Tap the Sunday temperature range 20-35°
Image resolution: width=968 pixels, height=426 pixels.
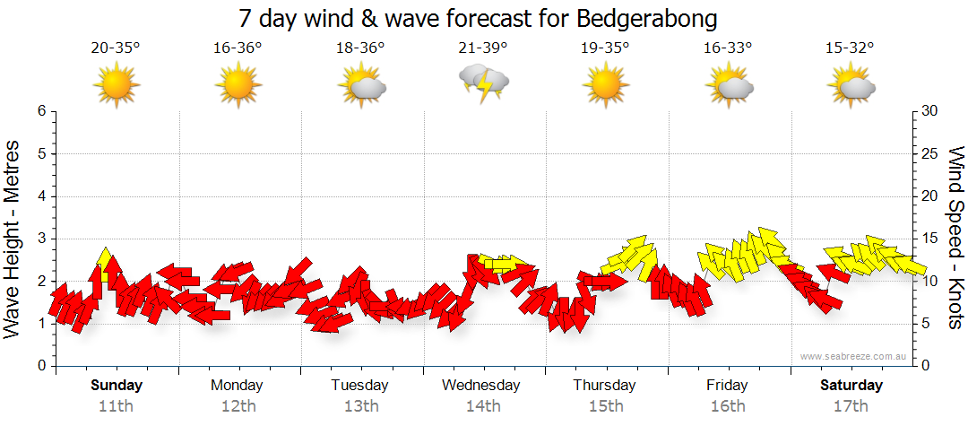tap(116, 48)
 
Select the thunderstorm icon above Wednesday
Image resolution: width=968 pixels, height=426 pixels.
tap(484, 83)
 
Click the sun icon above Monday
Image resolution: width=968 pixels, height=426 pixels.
tap(238, 85)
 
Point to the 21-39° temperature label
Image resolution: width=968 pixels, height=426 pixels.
tap(483, 48)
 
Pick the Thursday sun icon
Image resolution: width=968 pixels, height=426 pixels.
tap(606, 85)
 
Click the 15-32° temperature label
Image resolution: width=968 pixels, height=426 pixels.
tap(851, 48)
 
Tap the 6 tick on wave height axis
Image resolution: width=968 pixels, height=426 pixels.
tap(41, 111)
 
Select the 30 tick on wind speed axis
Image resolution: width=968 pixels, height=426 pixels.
tap(930, 111)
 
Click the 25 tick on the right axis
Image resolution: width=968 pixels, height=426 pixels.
tap(930, 153)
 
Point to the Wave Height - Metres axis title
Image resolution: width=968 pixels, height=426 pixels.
tap(14, 239)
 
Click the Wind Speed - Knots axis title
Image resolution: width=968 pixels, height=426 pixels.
tap(955, 239)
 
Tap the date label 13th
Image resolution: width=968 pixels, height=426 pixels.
tap(360, 406)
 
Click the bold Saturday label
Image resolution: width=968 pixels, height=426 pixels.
tap(851, 386)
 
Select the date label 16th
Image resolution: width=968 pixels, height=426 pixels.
tap(727, 406)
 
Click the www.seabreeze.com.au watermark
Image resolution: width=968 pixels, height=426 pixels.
tap(855, 356)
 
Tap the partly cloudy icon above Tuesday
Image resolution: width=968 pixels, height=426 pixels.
tap(361, 85)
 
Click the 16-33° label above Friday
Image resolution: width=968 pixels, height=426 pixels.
tap(728, 48)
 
